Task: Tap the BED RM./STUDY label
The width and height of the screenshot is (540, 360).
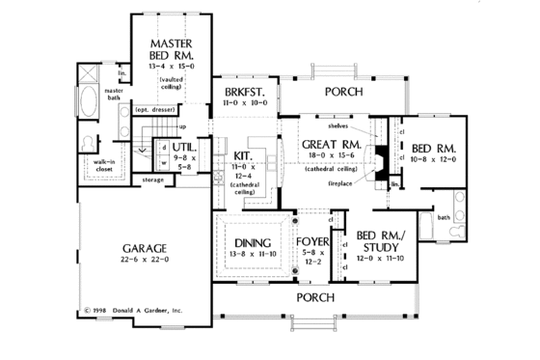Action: (x=379, y=242)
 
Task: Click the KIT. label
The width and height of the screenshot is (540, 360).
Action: (x=243, y=154)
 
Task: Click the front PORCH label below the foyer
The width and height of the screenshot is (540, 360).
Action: (x=316, y=296)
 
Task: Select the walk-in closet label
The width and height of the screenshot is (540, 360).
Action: (x=103, y=166)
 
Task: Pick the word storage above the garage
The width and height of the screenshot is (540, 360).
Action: (x=151, y=179)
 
